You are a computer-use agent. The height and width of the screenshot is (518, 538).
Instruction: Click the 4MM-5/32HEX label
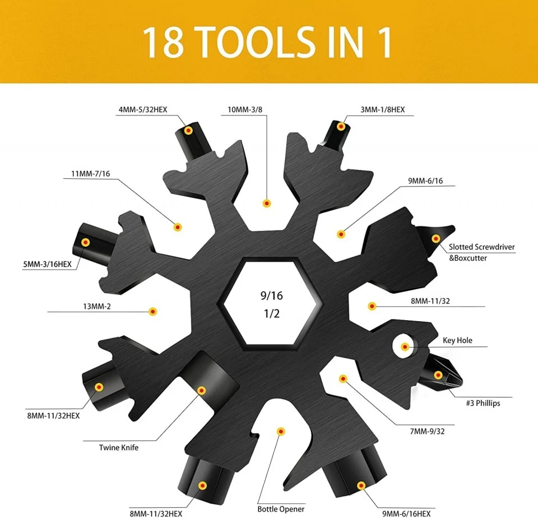pyautogui.click(x=143, y=109)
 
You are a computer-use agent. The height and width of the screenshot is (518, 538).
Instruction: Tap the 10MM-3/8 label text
pyautogui.click(x=245, y=109)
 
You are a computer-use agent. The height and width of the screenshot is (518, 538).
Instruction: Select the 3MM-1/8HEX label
pyautogui.click(x=383, y=109)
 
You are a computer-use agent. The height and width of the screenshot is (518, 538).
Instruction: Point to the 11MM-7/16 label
pyautogui.click(x=91, y=174)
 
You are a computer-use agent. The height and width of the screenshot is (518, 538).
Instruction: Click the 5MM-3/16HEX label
pyautogui.click(x=47, y=264)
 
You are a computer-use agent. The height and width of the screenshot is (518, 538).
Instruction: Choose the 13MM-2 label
pyautogui.click(x=97, y=306)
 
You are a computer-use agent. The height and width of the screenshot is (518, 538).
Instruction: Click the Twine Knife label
pyautogui.click(x=119, y=447)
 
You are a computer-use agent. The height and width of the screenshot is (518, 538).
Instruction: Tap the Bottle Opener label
pyautogui.click(x=281, y=509)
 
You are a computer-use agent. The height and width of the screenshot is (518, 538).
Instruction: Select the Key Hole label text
pyautogui.click(x=457, y=340)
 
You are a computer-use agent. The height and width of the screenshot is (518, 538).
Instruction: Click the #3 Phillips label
pyautogui.click(x=483, y=403)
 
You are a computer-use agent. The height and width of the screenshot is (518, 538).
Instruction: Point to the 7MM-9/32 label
pyautogui.click(x=428, y=431)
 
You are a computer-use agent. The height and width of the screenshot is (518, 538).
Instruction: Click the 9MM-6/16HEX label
pyautogui.click(x=407, y=514)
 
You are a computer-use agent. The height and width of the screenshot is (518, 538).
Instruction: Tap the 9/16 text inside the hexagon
pyautogui.click(x=271, y=295)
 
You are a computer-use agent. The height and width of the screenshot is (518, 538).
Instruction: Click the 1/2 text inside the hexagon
pyautogui.click(x=272, y=313)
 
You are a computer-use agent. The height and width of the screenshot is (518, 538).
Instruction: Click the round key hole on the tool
pyautogui.click(x=405, y=346)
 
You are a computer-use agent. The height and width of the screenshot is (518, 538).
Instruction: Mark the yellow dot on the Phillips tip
pyautogui.click(x=438, y=375)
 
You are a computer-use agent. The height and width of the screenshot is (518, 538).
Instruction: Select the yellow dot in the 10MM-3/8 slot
pyautogui.click(x=267, y=203)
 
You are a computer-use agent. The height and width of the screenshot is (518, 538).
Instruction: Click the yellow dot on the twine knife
pyautogui.click(x=202, y=390)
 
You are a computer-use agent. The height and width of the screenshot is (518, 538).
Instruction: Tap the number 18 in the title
pyautogui.click(x=163, y=43)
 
